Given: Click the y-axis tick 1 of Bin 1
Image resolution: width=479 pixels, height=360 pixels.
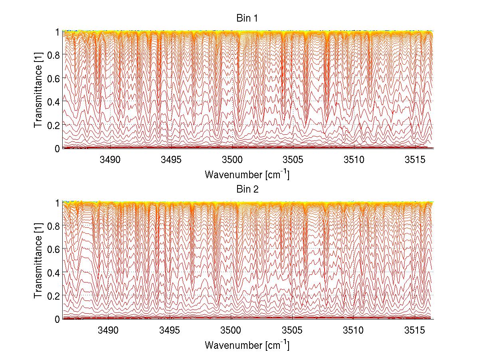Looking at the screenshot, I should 57,32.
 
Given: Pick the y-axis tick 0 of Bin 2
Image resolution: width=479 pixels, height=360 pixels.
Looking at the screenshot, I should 57,318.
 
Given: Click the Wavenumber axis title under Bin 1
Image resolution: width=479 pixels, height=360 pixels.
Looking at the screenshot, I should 247,175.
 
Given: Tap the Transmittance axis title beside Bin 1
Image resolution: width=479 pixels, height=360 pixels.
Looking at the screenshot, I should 38,90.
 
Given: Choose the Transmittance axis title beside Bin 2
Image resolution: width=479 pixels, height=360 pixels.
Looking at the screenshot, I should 38,261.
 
